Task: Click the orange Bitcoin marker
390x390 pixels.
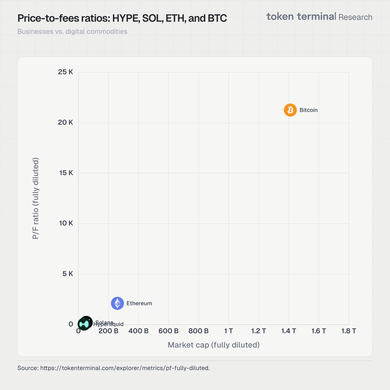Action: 290,110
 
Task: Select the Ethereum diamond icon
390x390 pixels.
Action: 117,303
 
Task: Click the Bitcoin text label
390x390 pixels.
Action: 308,110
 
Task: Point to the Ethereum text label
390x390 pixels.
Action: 139,303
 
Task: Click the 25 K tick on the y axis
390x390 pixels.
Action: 66,72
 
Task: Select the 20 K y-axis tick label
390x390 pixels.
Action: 66,122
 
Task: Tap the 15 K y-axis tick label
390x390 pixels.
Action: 66,173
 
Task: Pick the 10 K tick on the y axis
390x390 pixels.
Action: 66,223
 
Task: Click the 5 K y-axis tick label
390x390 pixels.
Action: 68,274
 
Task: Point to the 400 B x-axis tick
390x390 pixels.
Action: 138,331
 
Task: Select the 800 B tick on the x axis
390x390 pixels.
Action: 198,331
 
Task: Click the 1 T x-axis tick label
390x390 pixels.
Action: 228,331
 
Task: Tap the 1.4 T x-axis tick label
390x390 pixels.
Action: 289,331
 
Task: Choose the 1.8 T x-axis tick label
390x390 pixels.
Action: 349,331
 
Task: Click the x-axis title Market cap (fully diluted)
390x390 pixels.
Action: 214,345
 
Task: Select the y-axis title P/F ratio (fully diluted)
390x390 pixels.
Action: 36,198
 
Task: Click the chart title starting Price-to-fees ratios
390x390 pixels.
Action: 122,18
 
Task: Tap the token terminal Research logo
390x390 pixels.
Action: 319,17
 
